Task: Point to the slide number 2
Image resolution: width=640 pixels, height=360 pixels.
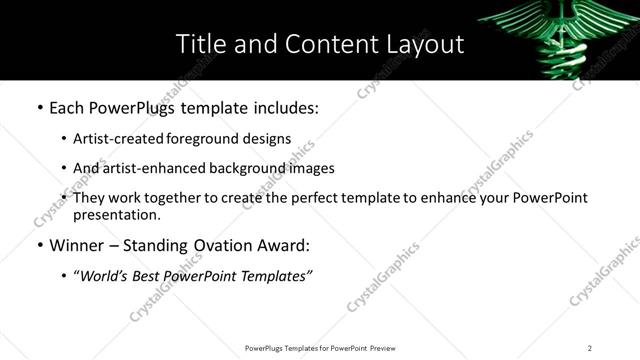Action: click(x=590, y=348)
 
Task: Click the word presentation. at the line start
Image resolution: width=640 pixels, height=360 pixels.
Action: click(x=116, y=215)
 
